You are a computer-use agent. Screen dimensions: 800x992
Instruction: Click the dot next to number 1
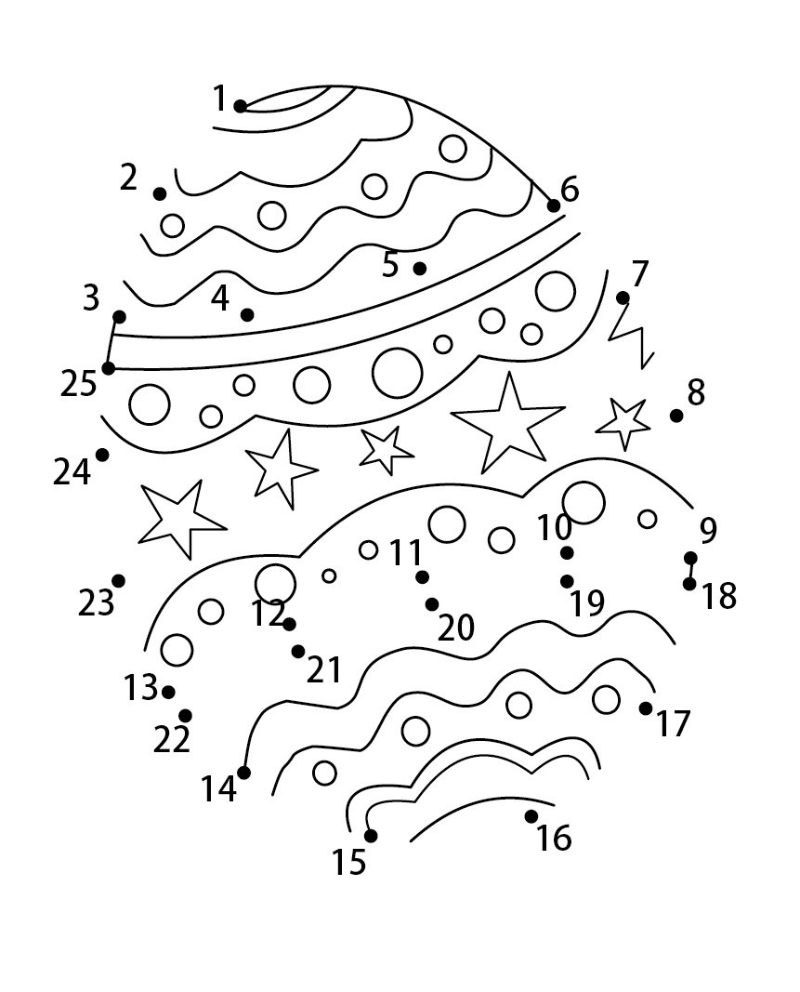241,106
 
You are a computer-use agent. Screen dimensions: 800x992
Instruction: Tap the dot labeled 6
554,205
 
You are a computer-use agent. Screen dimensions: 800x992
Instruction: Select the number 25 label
78,384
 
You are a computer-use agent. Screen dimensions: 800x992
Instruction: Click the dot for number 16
531,817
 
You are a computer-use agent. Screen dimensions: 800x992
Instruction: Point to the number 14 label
218,789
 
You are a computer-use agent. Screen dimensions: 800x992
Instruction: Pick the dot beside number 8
676,416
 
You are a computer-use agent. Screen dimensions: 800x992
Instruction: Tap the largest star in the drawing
508,423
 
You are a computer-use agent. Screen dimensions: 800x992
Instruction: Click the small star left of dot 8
623,423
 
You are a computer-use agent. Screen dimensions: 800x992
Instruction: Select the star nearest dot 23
179,518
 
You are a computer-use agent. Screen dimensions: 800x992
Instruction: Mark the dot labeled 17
645,708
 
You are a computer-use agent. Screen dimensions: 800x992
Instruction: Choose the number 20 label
456,628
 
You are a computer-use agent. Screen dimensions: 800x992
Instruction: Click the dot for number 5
419,269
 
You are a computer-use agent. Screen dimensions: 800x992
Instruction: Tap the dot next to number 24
102,455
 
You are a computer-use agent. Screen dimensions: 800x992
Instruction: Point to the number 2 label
128,178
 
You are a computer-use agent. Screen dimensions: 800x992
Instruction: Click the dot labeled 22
185,716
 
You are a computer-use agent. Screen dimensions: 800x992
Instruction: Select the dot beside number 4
247,314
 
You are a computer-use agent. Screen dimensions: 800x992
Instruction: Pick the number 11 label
405,552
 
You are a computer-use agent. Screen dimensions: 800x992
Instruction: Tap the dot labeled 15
371,836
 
